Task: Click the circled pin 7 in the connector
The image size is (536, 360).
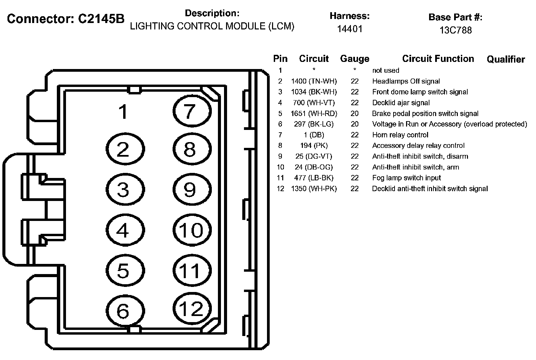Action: pos(192,110)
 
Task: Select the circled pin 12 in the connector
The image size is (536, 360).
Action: pos(192,308)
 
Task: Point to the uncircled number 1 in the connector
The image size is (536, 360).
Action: pos(124,111)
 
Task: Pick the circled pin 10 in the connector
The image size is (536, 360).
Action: pos(192,230)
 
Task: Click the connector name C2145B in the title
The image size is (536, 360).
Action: pos(101,19)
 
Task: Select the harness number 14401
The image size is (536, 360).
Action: pos(349,29)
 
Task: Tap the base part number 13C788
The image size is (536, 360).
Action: pos(455,30)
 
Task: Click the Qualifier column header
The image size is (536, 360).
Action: pos(506,60)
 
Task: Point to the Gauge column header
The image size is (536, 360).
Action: pos(354,59)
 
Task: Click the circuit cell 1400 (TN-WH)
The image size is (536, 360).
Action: pos(314,81)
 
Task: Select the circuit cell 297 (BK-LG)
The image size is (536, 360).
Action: pos(314,124)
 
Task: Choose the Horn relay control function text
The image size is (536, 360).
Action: pos(400,135)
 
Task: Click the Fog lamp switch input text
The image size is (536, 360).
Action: pos(406,178)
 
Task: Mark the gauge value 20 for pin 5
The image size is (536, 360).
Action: pos(354,113)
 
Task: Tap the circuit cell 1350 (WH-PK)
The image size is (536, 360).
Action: pos(314,189)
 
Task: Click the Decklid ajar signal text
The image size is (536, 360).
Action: pos(401,103)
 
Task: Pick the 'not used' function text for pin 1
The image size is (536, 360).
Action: pos(385,70)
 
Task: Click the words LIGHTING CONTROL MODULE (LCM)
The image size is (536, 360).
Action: pos(212,26)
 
